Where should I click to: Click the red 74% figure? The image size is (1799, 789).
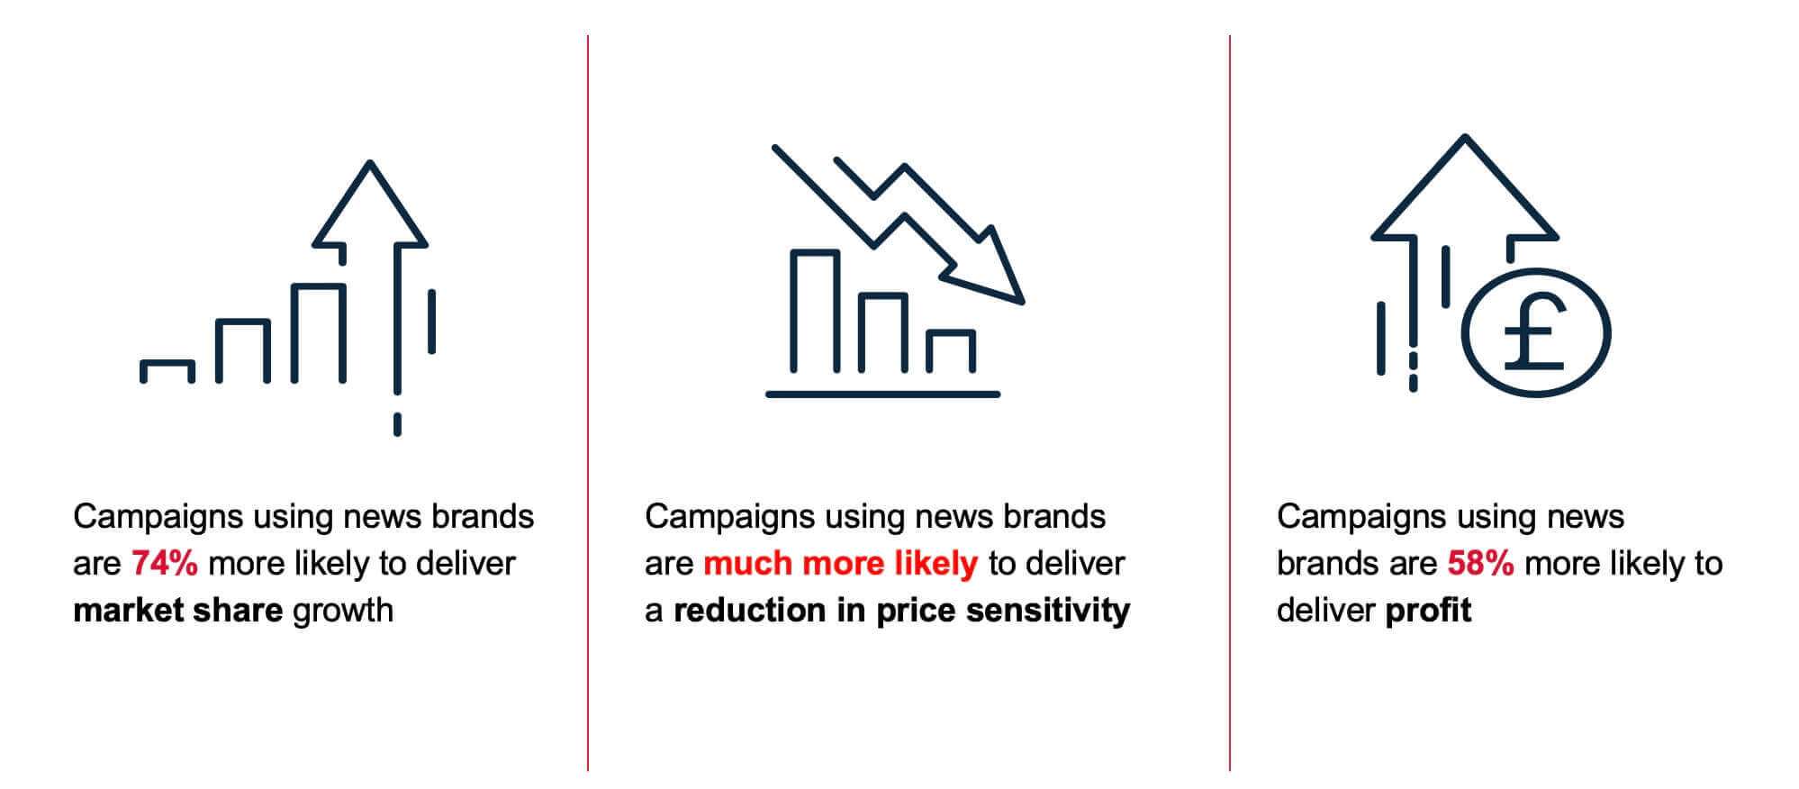pyautogui.click(x=165, y=564)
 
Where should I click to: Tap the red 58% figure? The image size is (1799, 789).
pyautogui.click(x=1480, y=564)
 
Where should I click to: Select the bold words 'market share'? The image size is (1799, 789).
pyautogui.click(x=177, y=611)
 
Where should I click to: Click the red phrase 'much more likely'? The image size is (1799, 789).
pyautogui.click(x=840, y=564)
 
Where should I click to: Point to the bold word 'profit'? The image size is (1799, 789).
pyautogui.click(x=1428, y=611)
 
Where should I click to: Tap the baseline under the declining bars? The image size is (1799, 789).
pyautogui.click(x=882, y=394)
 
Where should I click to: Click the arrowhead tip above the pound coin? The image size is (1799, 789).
pyautogui.click(x=1466, y=137)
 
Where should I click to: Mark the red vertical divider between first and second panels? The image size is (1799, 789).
pyautogui.click(x=588, y=403)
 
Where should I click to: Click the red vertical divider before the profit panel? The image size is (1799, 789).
pyautogui.click(x=1230, y=403)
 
